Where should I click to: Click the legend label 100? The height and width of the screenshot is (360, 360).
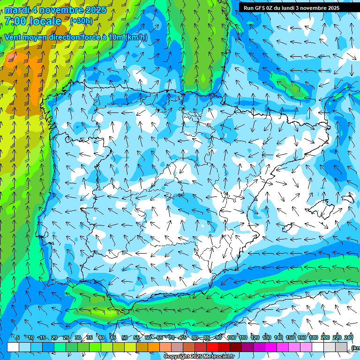click(x=231, y=337)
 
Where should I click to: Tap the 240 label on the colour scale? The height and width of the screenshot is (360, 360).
click(x=348, y=337)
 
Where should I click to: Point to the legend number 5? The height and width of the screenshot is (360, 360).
click(x=18, y=337)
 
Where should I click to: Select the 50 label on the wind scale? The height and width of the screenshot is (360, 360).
click(x=124, y=337)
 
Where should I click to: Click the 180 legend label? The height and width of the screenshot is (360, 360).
click(x=313, y=337)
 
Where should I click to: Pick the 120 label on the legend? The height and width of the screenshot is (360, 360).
click(x=255, y=337)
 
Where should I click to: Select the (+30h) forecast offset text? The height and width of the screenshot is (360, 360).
click(x=81, y=21)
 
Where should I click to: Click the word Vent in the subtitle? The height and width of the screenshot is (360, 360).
click(x=13, y=37)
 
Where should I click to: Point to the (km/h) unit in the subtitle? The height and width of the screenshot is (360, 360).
click(x=136, y=37)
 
